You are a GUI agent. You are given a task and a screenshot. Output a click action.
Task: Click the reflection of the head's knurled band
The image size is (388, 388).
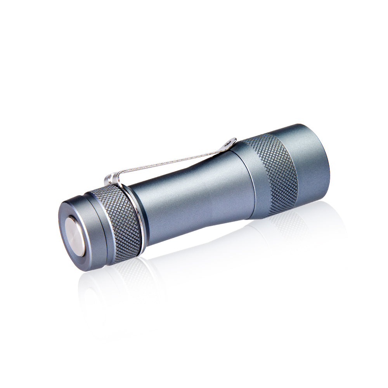tap(287, 225)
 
